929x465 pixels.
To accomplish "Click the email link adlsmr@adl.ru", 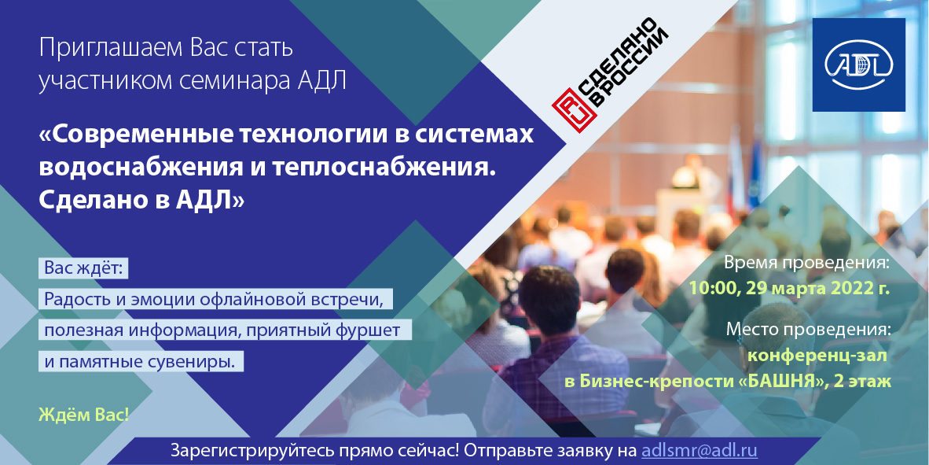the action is tap(700, 449).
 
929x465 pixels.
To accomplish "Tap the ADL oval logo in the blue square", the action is tap(858, 64).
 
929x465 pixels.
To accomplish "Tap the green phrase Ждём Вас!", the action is tap(83, 415).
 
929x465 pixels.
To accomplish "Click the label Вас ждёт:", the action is tap(83, 268).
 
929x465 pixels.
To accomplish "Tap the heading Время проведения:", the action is tap(807, 264).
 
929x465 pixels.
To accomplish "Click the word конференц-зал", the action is tap(817, 356).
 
